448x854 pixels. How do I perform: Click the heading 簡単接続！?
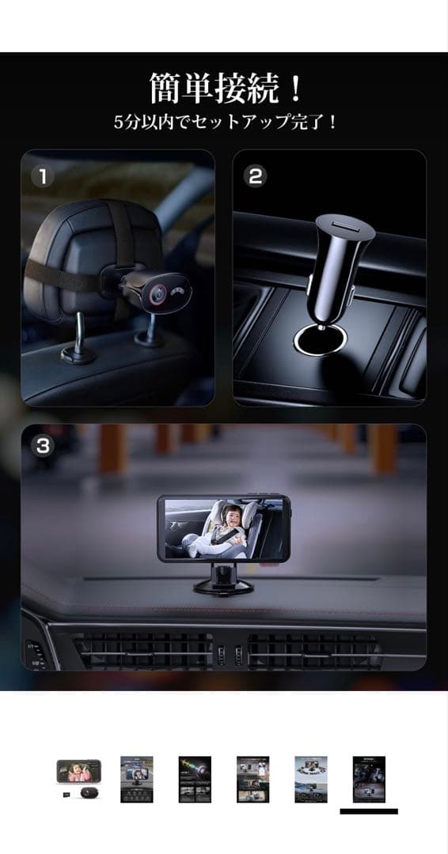(225, 89)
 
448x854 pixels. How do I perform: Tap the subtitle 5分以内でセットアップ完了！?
(225, 122)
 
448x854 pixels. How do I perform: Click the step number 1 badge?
(43, 176)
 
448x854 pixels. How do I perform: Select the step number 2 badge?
(255, 176)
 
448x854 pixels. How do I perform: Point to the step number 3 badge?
(43, 446)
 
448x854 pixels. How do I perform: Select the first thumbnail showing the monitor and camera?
(78, 780)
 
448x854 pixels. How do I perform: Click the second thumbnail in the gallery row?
(137, 780)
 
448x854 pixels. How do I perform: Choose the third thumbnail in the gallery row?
(195, 780)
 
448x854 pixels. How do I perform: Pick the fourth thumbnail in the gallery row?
(252, 780)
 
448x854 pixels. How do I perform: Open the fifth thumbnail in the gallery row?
(311, 780)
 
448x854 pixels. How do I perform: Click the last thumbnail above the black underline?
(369, 780)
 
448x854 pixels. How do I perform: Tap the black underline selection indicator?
(369, 811)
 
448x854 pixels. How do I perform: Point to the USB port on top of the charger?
(344, 225)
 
